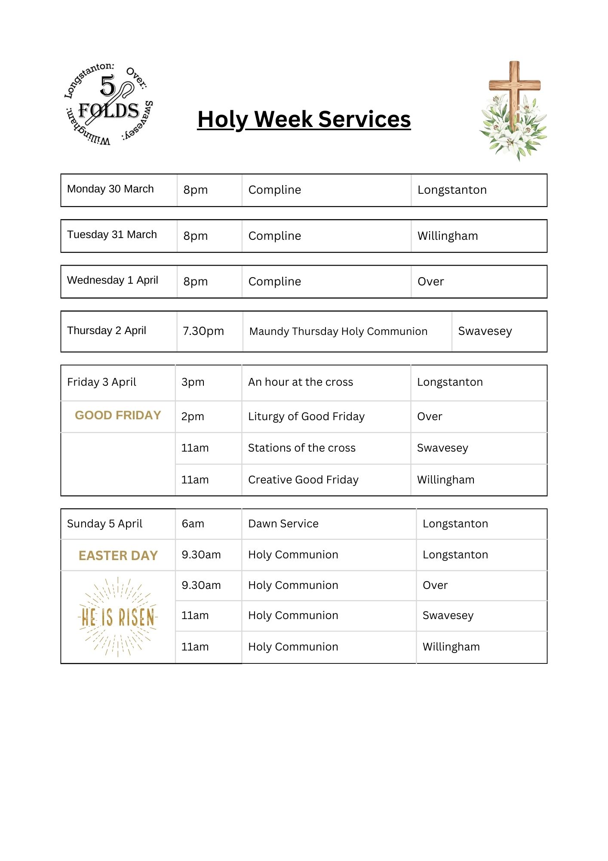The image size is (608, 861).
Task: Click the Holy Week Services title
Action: point(304,119)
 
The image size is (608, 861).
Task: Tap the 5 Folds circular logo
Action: point(109,105)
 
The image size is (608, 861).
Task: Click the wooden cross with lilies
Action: point(513,111)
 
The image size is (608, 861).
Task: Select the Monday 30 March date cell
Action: point(111,189)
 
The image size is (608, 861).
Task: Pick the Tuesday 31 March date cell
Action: point(112,235)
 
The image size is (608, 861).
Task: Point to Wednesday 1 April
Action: point(113,280)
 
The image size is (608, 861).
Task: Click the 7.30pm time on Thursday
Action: point(203,331)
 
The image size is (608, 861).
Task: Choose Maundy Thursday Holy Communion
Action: point(338,331)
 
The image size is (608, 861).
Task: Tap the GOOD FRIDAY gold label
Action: point(118,415)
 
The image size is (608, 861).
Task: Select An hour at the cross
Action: point(301,382)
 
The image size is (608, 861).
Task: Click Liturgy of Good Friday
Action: point(306,416)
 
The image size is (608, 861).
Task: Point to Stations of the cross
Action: point(302,448)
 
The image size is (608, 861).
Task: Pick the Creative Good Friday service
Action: point(303,480)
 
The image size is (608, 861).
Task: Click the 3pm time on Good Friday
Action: point(193,382)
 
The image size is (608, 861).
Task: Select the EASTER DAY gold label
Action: point(118,555)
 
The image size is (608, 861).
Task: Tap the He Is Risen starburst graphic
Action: point(118,617)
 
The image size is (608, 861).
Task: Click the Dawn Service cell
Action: point(283,523)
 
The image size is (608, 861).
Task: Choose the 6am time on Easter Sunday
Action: point(193,523)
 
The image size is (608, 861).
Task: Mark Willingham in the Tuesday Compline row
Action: point(448,236)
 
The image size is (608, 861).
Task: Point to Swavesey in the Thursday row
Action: point(485,331)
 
